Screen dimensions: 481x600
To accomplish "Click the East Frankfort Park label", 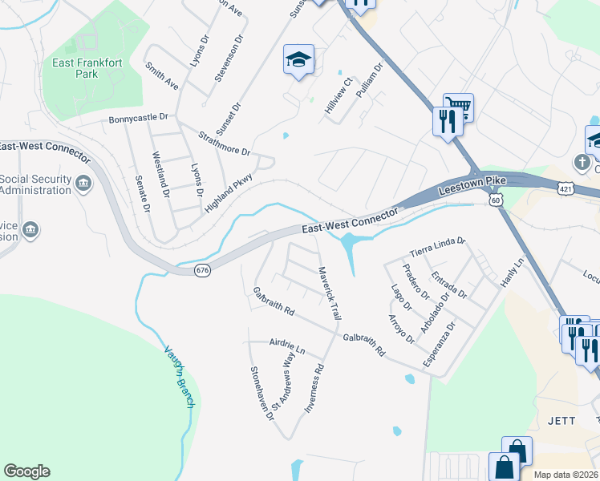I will coord(86,68).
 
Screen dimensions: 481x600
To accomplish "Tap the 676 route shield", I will coord(203,271).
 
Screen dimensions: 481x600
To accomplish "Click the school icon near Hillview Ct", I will coord(298,59).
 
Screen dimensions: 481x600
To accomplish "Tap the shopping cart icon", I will coord(458,107).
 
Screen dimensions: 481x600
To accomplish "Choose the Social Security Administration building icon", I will coord(83,185).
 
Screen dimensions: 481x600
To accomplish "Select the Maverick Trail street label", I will coord(329,294).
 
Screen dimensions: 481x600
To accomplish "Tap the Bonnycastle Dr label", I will coord(139,117).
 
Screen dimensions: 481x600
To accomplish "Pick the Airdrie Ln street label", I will coord(288,345).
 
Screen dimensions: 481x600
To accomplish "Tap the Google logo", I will coord(26,471).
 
